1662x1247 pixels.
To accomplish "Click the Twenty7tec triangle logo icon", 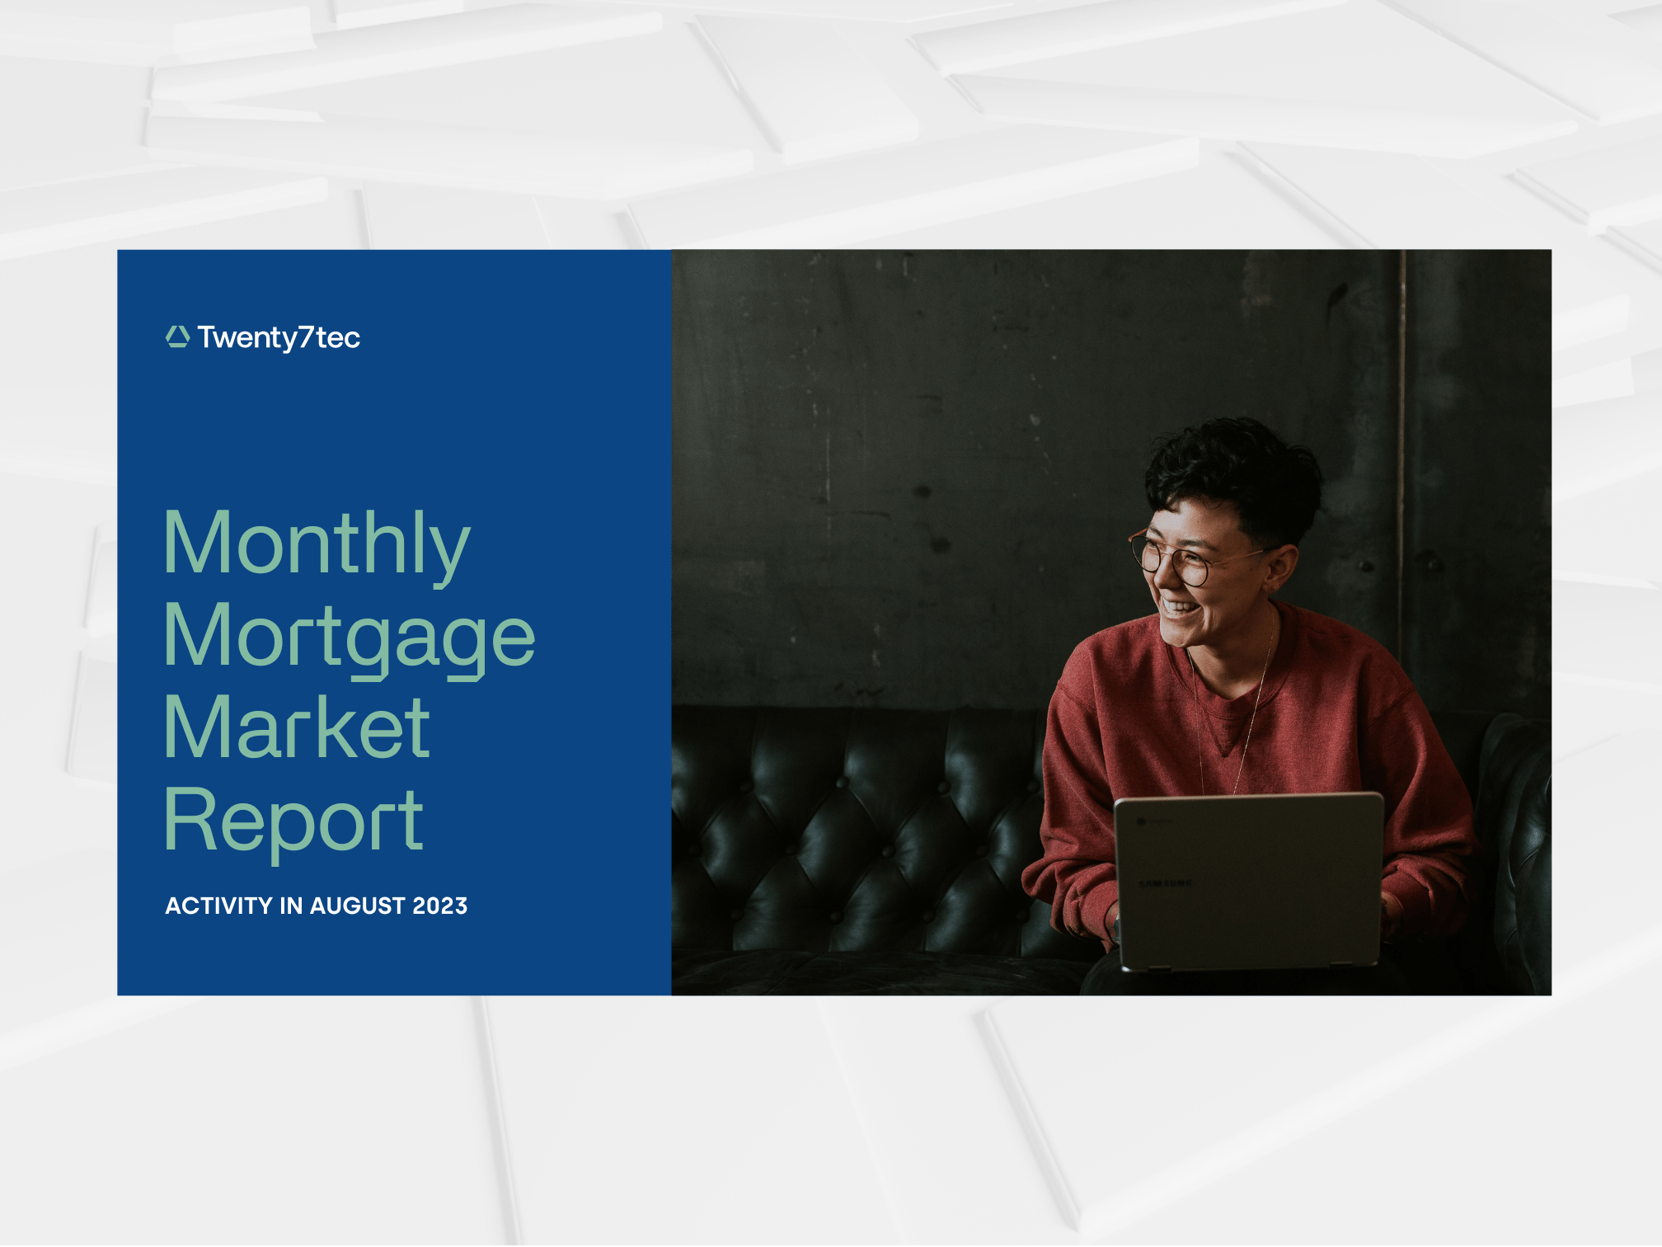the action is (177, 336).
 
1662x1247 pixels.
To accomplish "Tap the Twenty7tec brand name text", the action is (279, 337).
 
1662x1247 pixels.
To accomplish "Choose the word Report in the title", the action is (293, 822).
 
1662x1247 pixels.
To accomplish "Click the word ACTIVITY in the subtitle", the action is (219, 906).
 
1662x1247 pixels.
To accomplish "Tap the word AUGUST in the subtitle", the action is (358, 906).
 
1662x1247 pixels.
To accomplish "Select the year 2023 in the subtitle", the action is (440, 906).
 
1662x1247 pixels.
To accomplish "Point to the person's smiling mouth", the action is (1181, 609).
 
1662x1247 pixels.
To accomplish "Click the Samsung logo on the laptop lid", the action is (1165, 883).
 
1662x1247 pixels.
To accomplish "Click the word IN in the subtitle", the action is (291, 906).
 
